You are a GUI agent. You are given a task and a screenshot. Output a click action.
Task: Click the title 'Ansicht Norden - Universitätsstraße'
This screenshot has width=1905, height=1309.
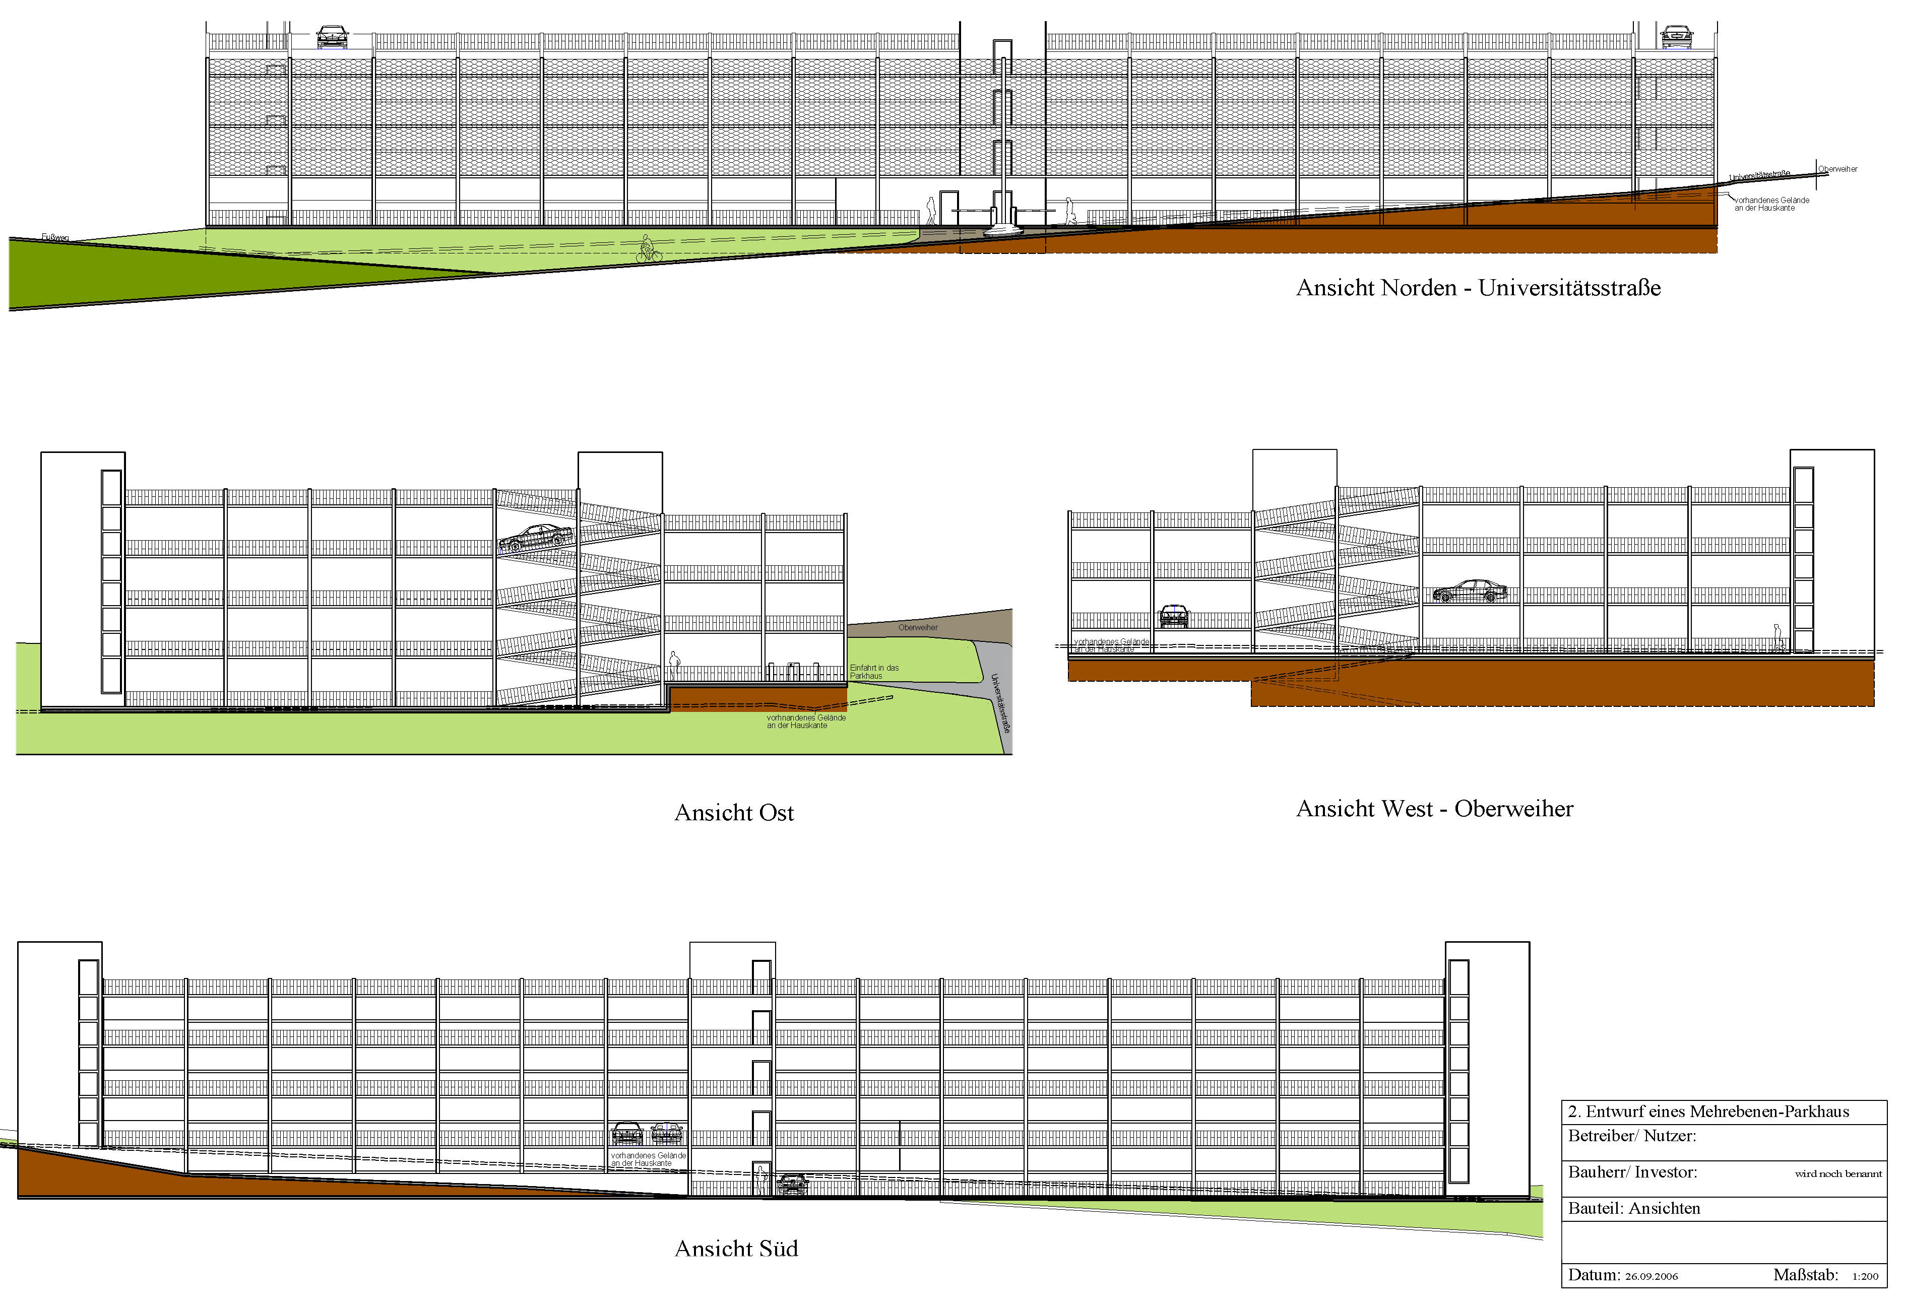(x=1478, y=288)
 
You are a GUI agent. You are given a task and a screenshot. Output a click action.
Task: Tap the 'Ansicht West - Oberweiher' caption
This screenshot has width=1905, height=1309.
(x=1434, y=809)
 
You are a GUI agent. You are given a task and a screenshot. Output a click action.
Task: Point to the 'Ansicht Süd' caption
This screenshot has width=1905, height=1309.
(x=736, y=1249)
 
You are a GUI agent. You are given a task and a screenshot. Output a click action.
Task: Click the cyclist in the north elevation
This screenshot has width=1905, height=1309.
(x=648, y=249)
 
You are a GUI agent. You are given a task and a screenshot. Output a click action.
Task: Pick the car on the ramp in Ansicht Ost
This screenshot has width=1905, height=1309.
(x=535, y=537)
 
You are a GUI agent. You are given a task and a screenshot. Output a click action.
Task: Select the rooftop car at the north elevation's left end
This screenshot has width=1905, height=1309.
(x=332, y=36)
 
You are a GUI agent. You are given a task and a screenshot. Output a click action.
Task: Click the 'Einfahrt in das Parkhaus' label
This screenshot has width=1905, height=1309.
(x=874, y=672)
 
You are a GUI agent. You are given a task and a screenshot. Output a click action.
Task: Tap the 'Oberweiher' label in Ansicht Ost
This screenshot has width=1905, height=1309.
(x=917, y=627)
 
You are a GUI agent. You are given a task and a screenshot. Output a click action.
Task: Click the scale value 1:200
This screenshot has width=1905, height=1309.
(x=1865, y=1276)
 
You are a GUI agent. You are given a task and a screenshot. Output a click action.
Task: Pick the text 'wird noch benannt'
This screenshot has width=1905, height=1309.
(x=1838, y=1173)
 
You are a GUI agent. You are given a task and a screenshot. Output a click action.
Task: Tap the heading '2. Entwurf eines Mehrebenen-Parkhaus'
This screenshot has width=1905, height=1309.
(x=1708, y=1111)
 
